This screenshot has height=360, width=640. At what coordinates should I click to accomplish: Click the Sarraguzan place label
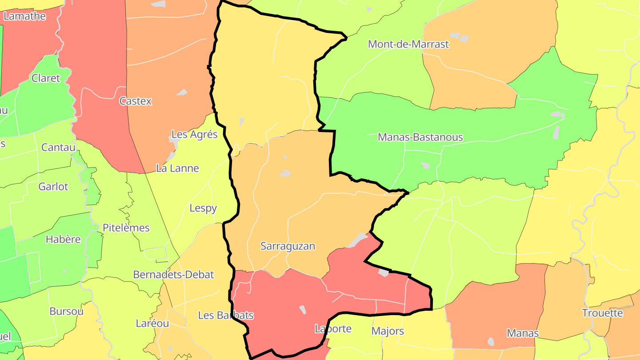point(288,246)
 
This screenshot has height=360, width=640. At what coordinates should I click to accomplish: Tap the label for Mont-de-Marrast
point(408,44)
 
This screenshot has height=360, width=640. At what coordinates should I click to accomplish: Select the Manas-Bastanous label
point(420,137)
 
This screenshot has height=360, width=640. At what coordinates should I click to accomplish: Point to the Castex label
point(136,101)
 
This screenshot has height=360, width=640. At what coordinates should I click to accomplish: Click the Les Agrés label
point(195,134)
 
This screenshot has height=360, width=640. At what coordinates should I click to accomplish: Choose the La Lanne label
point(177,168)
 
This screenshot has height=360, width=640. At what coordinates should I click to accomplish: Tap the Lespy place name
point(203,208)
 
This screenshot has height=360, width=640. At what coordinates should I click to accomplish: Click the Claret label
point(45,78)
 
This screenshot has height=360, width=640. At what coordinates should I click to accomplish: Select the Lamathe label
point(24,16)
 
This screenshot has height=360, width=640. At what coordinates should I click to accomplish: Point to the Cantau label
point(58,147)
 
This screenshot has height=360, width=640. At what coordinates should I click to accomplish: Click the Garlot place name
point(53,187)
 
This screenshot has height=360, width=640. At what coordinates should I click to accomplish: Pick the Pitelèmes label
point(126,228)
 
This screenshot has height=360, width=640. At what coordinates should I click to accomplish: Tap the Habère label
point(63,240)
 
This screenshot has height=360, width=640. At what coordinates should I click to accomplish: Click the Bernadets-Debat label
point(173,275)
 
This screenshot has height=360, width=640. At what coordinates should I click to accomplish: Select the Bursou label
point(66,312)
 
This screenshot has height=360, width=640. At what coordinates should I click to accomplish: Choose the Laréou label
point(152,324)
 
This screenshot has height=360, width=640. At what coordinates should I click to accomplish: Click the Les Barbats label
point(226,316)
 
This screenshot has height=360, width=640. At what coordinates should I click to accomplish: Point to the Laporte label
point(333,329)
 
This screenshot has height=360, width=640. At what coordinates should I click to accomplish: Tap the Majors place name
point(388,331)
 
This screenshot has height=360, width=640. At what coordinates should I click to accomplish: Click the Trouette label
point(603,313)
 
